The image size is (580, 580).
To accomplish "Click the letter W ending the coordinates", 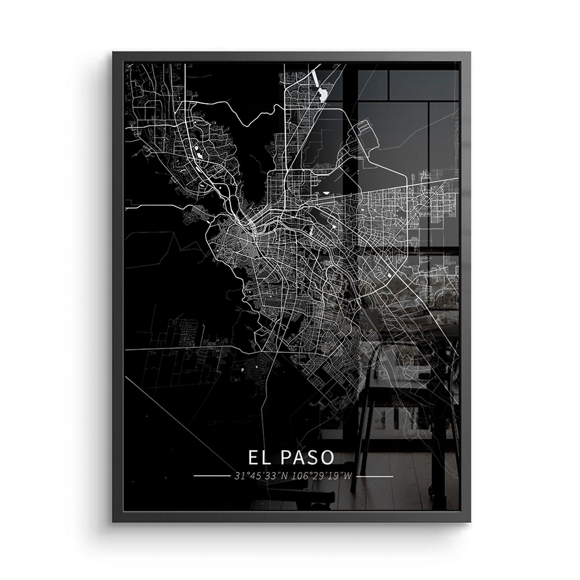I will pyautogui.click(x=347, y=476).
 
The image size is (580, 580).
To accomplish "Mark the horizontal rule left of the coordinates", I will pyautogui.click(x=211, y=476).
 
